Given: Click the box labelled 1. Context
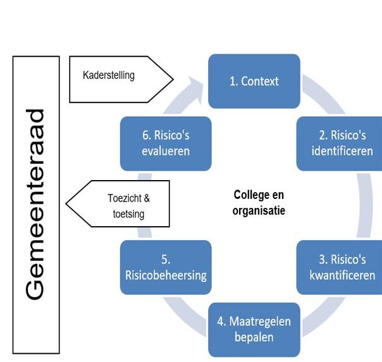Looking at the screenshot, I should (x=254, y=81).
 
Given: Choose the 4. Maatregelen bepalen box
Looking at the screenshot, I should (x=254, y=329).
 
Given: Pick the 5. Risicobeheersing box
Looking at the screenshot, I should (x=166, y=268).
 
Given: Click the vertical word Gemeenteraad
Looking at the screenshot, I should (x=37, y=204).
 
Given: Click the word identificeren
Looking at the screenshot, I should (x=342, y=152).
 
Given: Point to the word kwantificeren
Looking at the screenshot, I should (x=342, y=275).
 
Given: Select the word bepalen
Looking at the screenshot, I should (x=254, y=337).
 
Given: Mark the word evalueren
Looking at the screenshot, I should (x=166, y=152).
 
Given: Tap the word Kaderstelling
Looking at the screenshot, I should (x=109, y=75).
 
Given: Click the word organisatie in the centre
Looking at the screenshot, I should (x=259, y=210).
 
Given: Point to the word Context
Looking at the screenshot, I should (x=261, y=81).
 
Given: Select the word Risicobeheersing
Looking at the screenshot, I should (x=166, y=275).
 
